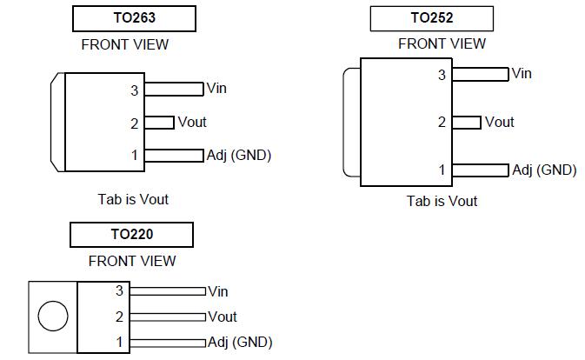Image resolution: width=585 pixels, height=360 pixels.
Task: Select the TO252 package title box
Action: tap(431, 17)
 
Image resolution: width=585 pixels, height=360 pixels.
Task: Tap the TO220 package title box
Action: tap(131, 234)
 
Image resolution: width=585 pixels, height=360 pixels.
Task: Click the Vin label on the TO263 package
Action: tap(217, 89)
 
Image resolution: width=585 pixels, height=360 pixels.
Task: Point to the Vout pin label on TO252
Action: tap(500, 122)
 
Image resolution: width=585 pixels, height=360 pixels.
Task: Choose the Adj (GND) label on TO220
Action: tap(240, 342)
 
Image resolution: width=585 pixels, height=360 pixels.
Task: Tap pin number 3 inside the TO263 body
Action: tap(134, 90)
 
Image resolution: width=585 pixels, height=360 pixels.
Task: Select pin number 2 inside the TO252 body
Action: tap(442, 123)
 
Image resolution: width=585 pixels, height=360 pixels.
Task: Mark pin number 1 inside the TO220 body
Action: tap(120, 343)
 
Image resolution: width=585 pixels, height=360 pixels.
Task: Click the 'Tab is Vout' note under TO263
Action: tap(133, 199)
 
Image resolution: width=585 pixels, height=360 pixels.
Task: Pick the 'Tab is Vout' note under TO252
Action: tap(442, 201)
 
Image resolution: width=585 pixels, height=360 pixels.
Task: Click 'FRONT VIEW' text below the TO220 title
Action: tap(132, 260)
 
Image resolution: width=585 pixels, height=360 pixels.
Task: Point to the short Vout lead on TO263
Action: tap(159, 123)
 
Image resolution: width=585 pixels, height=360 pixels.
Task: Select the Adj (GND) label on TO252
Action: tap(544, 170)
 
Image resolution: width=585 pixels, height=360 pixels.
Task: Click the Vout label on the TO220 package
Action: tap(223, 317)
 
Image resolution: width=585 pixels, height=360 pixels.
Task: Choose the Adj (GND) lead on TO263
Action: tap(174, 155)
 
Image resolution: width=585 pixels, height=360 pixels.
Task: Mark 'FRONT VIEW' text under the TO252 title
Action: tap(442, 43)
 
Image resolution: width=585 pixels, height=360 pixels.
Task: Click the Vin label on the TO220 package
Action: tap(218, 291)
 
